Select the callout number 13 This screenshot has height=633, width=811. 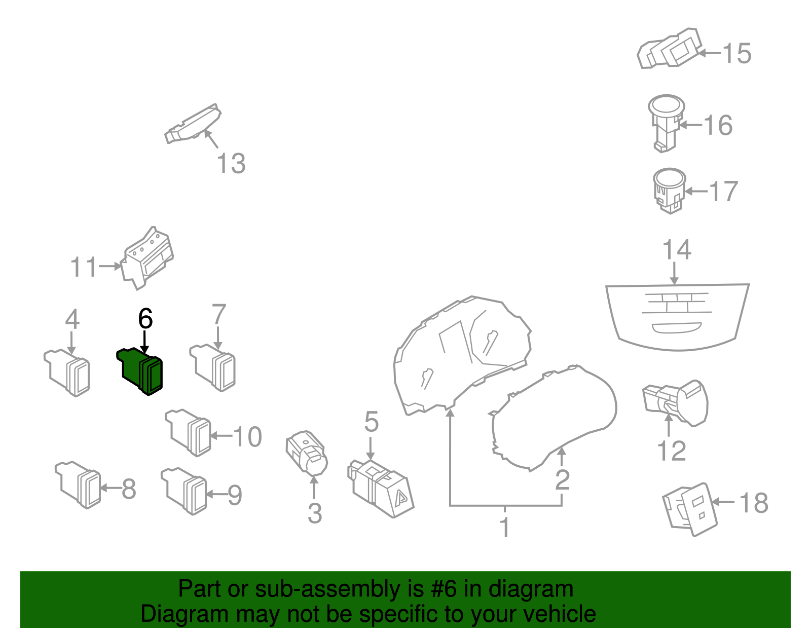tap(231, 164)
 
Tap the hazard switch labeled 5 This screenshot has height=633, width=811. tap(381, 488)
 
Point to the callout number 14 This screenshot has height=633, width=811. tap(677, 250)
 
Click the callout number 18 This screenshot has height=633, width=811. tap(754, 503)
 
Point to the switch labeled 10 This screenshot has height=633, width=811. tap(189, 431)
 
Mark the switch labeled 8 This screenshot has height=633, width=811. tap(79, 484)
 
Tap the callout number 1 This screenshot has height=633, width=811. tap(505, 527)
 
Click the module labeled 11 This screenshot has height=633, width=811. tap(147, 258)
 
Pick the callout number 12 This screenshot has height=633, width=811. tap(671, 451)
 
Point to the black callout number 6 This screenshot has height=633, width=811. tap(145, 319)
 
